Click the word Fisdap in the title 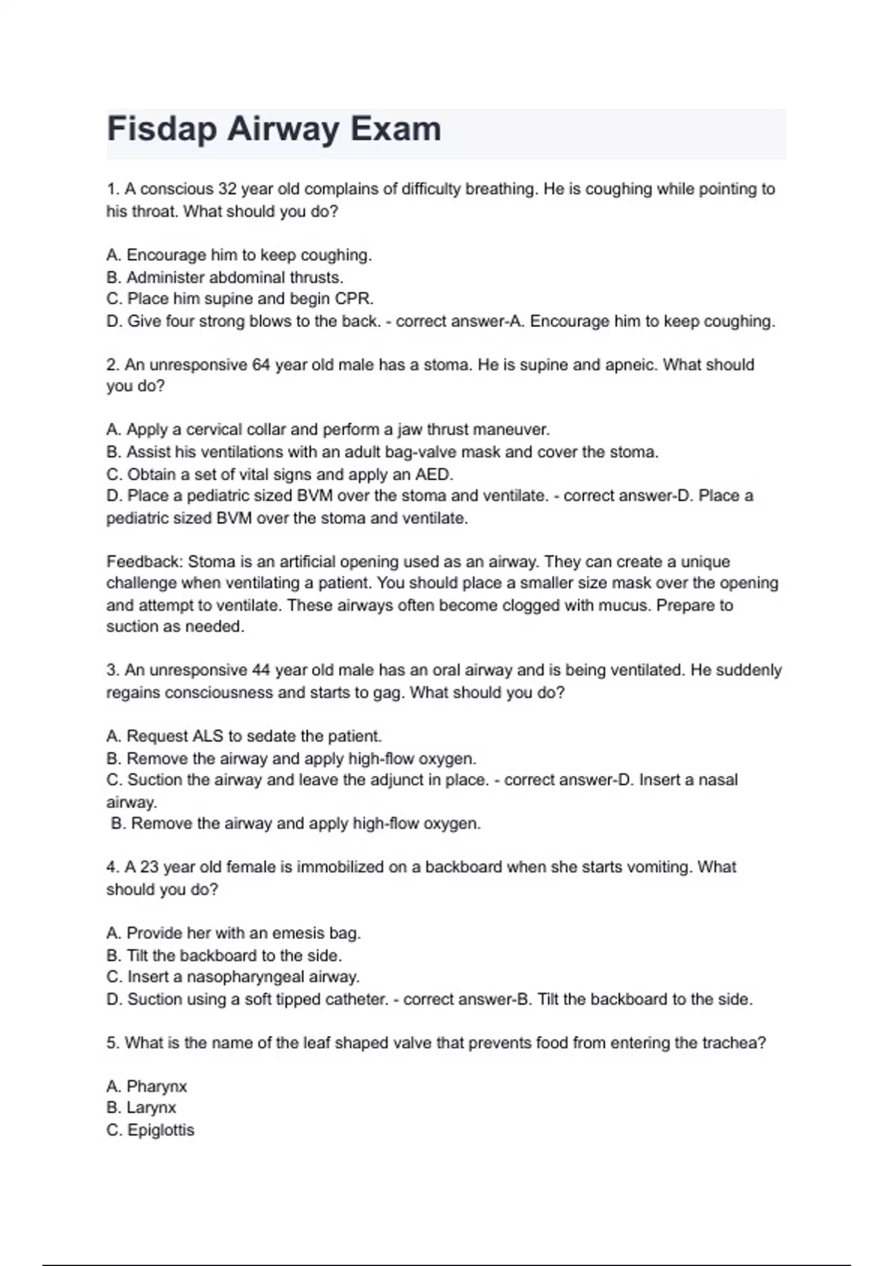pos(162,130)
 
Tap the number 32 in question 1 pos(227,189)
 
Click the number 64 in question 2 pos(261,365)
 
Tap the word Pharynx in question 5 pos(156,1087)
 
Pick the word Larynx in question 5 pos(151,1108)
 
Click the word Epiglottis pos(160,1130)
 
